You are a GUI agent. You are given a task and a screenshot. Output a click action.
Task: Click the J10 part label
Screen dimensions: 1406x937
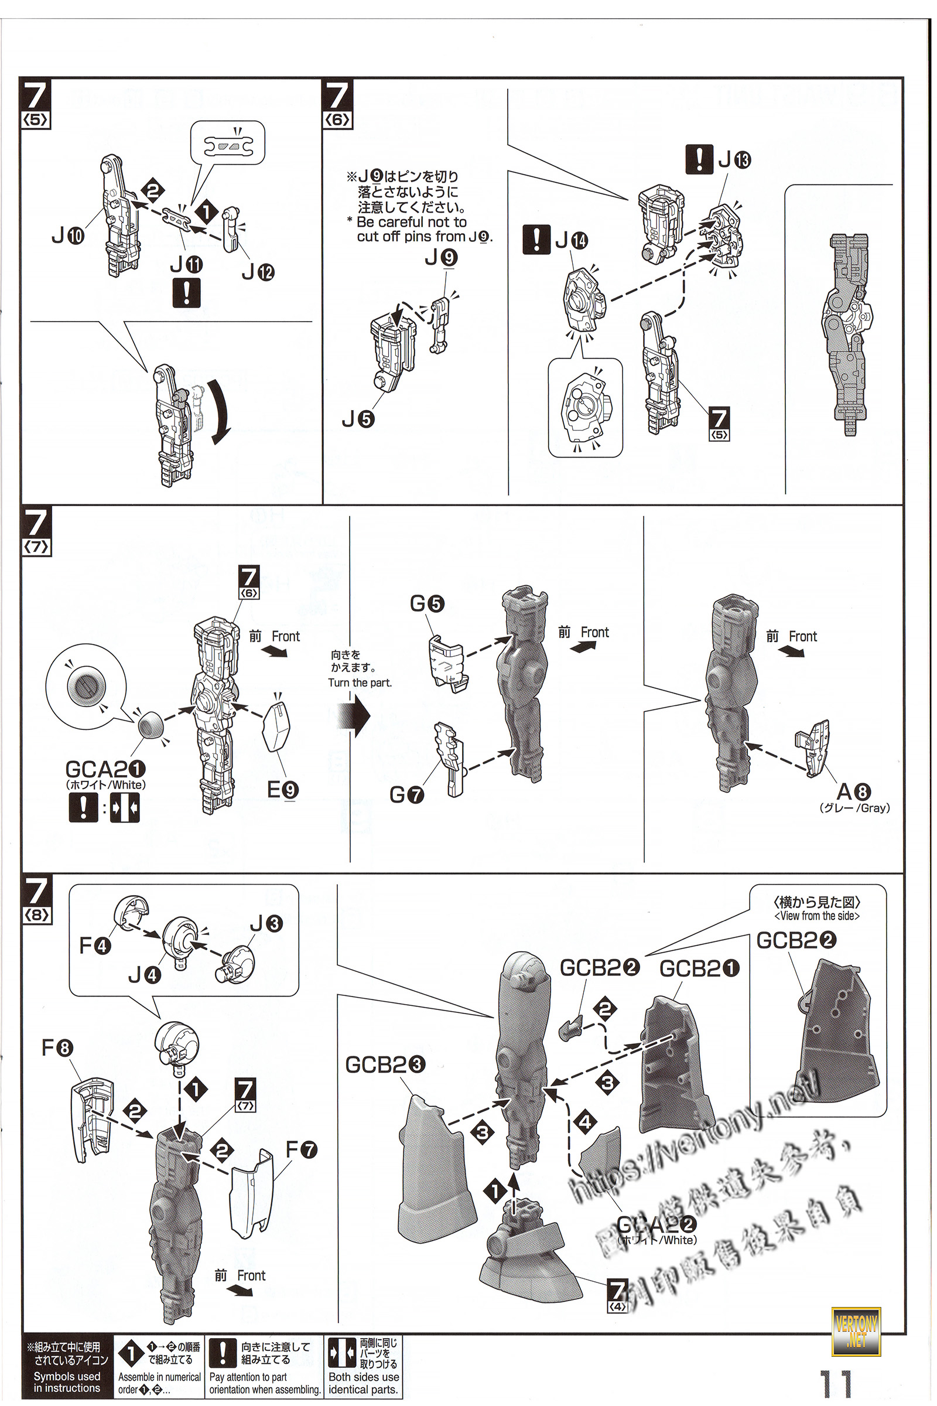coord(67,237)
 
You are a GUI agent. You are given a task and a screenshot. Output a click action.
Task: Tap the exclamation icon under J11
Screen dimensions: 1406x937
coord(186,294)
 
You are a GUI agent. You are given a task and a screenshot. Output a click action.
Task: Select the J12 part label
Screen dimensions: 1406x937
coord(258,272)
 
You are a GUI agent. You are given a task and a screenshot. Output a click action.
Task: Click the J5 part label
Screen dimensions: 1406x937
coord(358,419)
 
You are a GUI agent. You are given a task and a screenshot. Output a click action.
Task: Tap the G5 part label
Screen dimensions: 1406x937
coord(427,604)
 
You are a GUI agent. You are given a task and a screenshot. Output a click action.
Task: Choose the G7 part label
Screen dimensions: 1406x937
coord(406,795)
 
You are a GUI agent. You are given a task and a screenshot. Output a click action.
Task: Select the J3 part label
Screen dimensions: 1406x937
coord(266,924)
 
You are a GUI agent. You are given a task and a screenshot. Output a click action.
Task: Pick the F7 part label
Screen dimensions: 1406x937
coord(301,1149)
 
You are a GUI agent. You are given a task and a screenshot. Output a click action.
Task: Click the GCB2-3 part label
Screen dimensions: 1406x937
coord(385,1064)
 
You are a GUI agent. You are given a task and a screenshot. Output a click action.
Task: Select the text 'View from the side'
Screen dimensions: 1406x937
coord(816,916)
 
